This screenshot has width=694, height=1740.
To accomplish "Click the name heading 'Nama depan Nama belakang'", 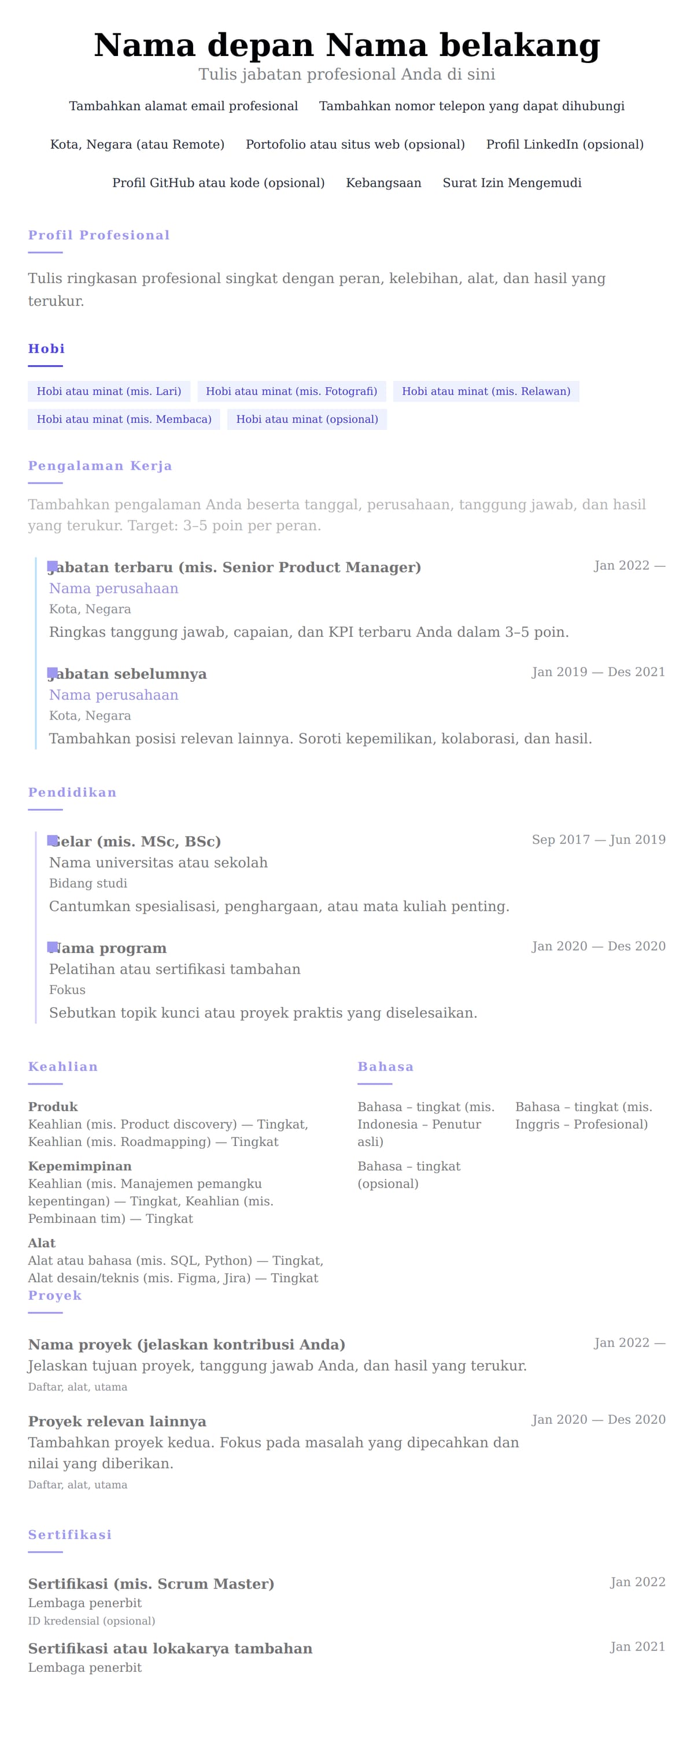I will [346, 45].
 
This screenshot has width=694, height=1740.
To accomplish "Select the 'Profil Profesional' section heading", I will [99, 235].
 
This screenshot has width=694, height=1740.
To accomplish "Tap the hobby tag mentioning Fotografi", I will [291, 391].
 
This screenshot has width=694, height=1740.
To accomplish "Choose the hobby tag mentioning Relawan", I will [486, 391].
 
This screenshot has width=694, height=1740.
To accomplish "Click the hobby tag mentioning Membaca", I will [124, 420].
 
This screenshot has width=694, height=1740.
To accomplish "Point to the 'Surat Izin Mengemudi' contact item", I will [512, 183].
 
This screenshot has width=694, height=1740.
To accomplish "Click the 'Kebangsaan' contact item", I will [383, 183].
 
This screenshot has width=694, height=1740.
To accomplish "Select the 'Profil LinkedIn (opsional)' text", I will [564, 144].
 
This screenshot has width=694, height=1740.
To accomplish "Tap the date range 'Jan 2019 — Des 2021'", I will [598, 672].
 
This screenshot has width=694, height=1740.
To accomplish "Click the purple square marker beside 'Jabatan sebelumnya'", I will [52, 673].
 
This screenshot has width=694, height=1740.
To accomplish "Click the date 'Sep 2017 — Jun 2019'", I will [598, 840].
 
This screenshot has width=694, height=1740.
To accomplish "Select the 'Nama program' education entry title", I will [108, 948].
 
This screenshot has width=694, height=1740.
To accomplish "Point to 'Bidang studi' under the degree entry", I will [88, 884].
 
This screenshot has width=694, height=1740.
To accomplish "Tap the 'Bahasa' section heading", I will [385, 1067].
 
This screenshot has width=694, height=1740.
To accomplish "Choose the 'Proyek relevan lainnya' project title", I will [117, 1421].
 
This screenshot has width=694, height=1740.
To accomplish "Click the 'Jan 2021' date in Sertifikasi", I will [637, 1647].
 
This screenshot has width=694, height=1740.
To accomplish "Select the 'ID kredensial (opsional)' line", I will [91, 1621].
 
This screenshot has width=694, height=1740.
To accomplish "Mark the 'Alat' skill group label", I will [41, 1243].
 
